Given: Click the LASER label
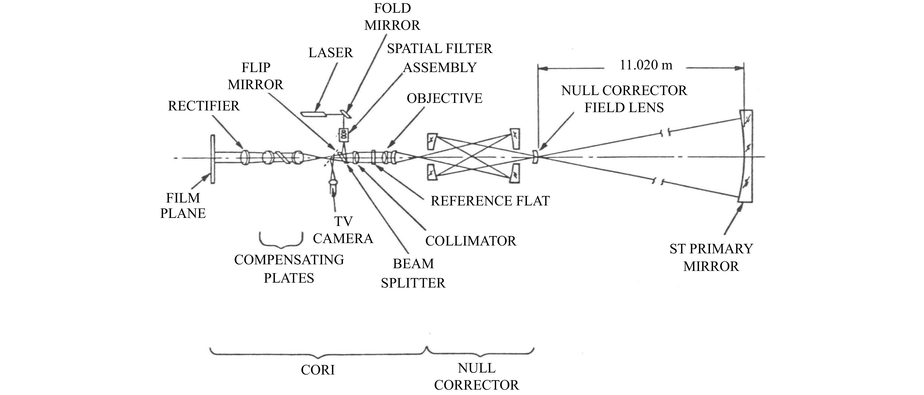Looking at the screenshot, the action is pyautogui.click(x=330, y=53).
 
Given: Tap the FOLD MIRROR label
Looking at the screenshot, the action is pyautogui.click(x=392, y=17).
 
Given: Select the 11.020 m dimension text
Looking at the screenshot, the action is pyautogui.click(x=646, y=65).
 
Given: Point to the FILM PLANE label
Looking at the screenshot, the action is pyautogui.click(x=183, y=205).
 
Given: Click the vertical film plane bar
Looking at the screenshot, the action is pyautogui.click(x=213, y=159).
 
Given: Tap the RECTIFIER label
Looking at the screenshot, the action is pyautogui.click(x=204, y=106).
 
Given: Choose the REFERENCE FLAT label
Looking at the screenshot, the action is pyautogui.click(x=490, y=201).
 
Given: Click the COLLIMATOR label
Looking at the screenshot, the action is pyautogui.click(x=471, y=241).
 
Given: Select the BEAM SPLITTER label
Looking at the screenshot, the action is pyautogui.click(x=413, y=273).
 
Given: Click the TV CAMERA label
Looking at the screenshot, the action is pyautogui.click(x=343, y=230).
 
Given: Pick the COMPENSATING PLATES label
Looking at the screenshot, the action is pyautogui.click(x=289, y=268).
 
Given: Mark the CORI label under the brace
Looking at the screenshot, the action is pyautogui.click(x=318, y=370).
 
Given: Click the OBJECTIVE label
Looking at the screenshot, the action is pyautogui.click(x=444, y=98).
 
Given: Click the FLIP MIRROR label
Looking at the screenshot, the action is pyautogui.click(x=256, y=76).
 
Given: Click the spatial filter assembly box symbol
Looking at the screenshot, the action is pyautogui.click(x=344, y=134).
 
